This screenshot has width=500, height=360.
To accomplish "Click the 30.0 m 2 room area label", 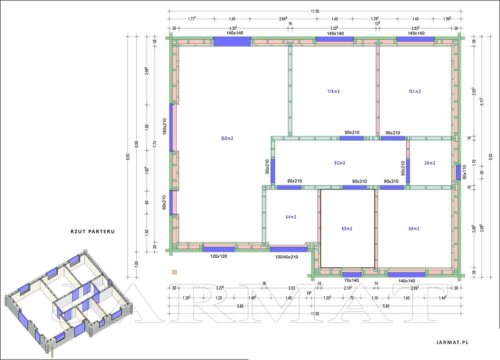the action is pyautogui.click(x=227, y=139).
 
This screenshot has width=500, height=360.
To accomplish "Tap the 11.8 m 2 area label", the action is pyautogui.click(x=333, y=92).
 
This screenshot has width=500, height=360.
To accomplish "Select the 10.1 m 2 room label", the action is pyautogui.click(x=415, y=92).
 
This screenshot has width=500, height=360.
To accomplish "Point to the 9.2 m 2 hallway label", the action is pyautogui.click(x=340, y=163).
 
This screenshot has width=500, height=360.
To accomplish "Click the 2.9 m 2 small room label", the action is pyautogui.click(x=430, y=163).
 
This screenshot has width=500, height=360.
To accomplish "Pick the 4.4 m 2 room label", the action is pyautogui.click(x=291, y=217).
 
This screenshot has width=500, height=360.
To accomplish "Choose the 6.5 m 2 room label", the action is pyautogui.click(x=347, y=229).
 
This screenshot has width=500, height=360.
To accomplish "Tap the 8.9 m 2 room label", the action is pyautogui.click(x=414, y=229).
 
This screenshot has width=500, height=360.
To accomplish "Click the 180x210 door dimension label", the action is pyautogui.click(x=165, y=126).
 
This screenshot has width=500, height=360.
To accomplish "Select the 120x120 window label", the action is pyautogui.click(x=219, y=256).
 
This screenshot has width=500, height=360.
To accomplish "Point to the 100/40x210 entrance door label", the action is pyautogui.click(x=287, y=257).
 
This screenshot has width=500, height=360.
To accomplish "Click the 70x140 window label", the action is pyautogui.click(x=351, y=280).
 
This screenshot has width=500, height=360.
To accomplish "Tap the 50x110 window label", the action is pyautogui.click(x=464, y=172).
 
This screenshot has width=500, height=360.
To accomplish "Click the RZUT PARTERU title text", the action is pyautogui.click(x=93, y=231).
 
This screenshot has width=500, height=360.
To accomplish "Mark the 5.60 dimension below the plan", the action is pyautogui.click(x=240, y=306).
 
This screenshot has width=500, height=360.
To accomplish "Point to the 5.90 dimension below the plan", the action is pyautogui.click(x=386, y=306).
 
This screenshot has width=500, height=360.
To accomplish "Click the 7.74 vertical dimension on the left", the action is pyautogui.click(x=155, y=144).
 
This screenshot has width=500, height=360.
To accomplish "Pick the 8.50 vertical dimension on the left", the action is pyautogui.click(x=137, y=144).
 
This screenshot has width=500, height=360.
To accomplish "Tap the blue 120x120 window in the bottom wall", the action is pyautogui.click(x=219, y=249).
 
